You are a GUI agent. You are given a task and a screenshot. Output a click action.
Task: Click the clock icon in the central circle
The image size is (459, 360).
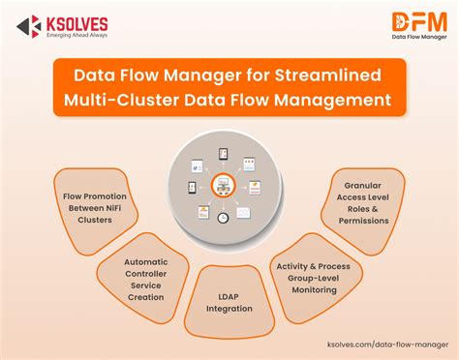pos(223,219)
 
